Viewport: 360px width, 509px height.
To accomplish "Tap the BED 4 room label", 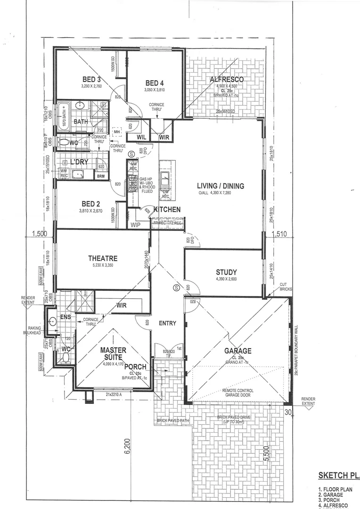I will (x=154, y=82).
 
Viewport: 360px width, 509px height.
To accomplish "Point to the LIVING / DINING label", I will (x=221, y=186).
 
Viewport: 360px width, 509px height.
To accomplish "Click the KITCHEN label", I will (x=167, y=209).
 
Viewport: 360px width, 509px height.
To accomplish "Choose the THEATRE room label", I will (x=103, y=258).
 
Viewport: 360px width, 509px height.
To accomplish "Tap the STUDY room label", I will (x=226, y=272).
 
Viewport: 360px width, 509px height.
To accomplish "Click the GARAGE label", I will (x=237, y=351).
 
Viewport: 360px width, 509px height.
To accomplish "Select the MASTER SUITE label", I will (x=113, y=354).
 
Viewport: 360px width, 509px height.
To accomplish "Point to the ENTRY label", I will (x=167, y=323).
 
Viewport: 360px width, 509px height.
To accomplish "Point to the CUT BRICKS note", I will (x=283, y=287).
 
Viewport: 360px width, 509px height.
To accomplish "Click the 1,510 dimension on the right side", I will (x=279, y=232).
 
